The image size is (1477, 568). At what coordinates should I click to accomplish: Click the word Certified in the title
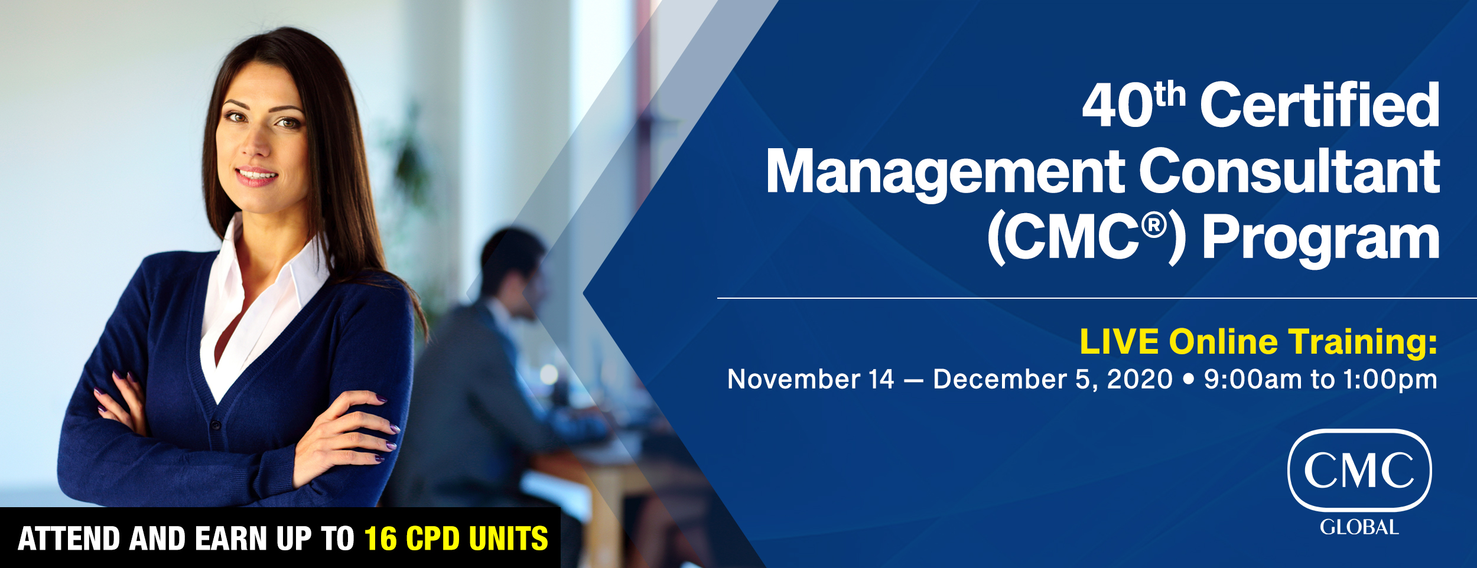pyautogui.click(x=1320, y=105)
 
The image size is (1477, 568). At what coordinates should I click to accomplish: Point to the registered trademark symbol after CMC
pyautogui.click(x=1154, y=226)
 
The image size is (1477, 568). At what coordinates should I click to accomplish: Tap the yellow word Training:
pyautogui.click(x=1362, y=343)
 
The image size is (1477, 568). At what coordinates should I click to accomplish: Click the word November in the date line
pyautogui.click(x=793, y=379)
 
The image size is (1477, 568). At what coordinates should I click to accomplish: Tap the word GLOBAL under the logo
pyautogui.click(x=1359, y=527)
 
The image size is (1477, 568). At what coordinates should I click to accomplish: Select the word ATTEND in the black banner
pyautogui.click(x=69, y=538)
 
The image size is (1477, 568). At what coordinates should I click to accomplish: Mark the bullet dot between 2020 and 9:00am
pyautogui.click(x=1188, y=379)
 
